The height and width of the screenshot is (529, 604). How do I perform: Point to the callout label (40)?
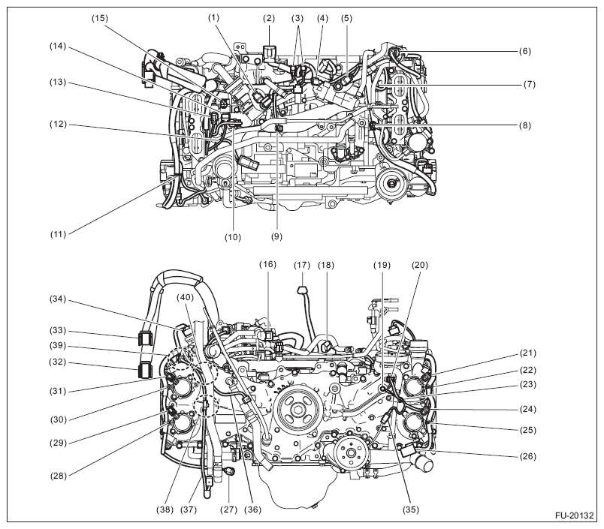183,298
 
